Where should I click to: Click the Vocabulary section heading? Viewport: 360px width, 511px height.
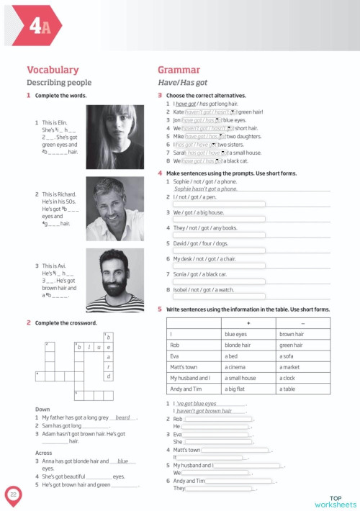click(x=52, y=70)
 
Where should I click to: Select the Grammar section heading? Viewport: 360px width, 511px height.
click(x=178, y=70)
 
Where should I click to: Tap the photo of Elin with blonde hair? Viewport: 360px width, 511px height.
click(x=114, y=137)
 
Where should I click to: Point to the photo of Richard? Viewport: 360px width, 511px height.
click(x=114, y=209)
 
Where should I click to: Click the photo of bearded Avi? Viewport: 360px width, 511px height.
click(x=114, y=280)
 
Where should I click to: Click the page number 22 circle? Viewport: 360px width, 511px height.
click(x=14, y=494)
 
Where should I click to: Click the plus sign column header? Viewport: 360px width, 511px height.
click(x=248, y=322)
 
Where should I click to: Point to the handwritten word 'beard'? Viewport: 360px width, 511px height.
click(x=122, y=417)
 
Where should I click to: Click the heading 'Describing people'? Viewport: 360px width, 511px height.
click(x=59, y=83)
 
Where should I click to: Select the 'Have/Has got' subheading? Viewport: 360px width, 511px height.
click(x=182, y=83)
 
